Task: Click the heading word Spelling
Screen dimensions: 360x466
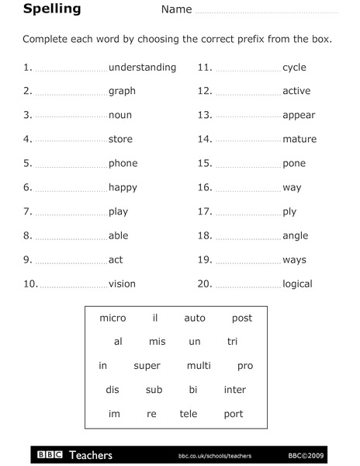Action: pyautogui.click(x=52, y=9)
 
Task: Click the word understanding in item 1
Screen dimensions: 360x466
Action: pyautogui.click(x=142, y=68)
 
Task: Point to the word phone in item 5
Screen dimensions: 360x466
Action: pyautogui.click(x=123, y=163)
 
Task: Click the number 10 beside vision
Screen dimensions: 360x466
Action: pyautogui.click(x=30, y=283)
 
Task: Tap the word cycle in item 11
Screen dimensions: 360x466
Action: pyautogui.click(x=294, y=68)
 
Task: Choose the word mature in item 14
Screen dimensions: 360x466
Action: pyautogui.click(x=299, y=139)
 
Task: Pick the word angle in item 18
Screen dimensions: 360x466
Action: pyautogui.click(x=295, y=235)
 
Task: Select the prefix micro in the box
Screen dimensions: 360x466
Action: pyautogui.click(x=112, y=318)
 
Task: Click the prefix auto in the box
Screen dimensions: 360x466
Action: pyautogui.click(x=195, y=318)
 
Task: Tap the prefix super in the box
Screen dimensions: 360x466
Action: pyautogui.click(x=147, y=366)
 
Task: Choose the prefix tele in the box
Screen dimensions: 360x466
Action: pyautogui.click(x=189, y=414)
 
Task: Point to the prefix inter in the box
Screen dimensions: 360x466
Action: pyautogui.click(x=234, y=390)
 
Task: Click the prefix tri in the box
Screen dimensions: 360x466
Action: pyautogui.click(x=232, y=342)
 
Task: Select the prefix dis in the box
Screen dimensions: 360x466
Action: pyautogui.click(x=112, y=390)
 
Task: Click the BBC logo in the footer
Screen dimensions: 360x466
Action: pyautogui.click(x=50, y=454)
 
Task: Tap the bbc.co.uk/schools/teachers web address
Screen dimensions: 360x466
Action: pyautogui.click(x=214, y=455)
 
